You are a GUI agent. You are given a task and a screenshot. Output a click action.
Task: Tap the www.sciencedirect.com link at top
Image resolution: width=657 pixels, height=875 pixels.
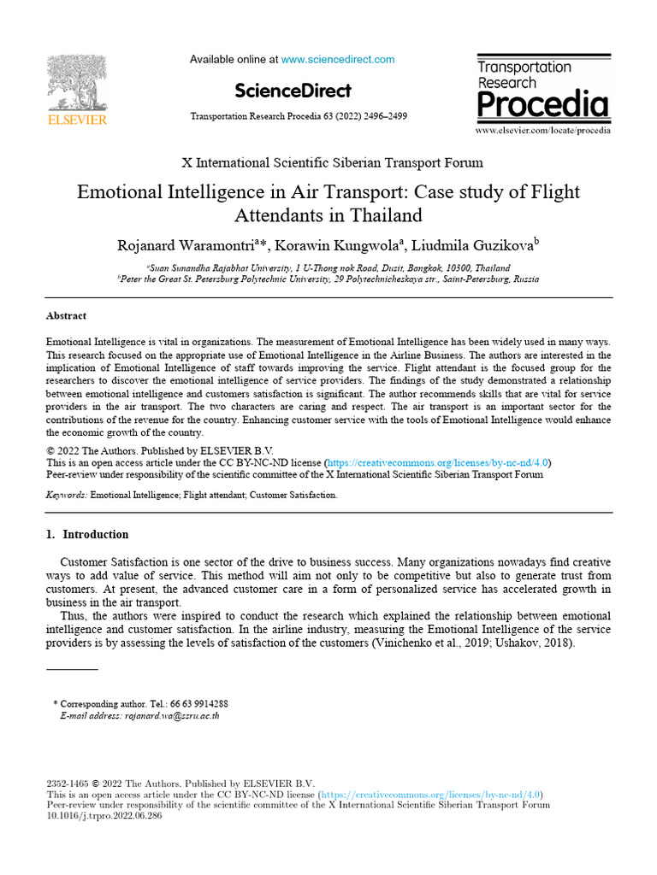click(338, 60)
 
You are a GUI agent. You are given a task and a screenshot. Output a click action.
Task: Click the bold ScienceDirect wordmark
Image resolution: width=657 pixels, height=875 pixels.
click(293, 91)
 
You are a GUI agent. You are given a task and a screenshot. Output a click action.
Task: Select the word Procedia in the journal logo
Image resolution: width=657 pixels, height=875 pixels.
click(542, 105)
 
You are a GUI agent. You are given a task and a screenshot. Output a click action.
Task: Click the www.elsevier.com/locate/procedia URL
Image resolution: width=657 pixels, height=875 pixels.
click(543, 131)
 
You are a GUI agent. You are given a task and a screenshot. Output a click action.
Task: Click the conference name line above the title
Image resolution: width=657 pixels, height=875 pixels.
click(332, 162)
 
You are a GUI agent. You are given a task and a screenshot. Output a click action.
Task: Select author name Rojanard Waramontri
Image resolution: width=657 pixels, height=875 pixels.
click(185, 246)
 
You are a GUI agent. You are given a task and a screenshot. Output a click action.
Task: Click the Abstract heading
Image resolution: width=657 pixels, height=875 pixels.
click(66, 315)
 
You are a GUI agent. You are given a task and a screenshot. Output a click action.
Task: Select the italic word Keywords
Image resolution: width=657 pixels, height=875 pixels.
click(66, 495)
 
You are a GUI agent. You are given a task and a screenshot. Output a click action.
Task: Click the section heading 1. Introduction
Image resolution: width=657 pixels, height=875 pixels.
click(86, 535)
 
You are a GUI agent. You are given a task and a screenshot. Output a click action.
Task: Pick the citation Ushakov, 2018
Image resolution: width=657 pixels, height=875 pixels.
click(537, 643)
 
